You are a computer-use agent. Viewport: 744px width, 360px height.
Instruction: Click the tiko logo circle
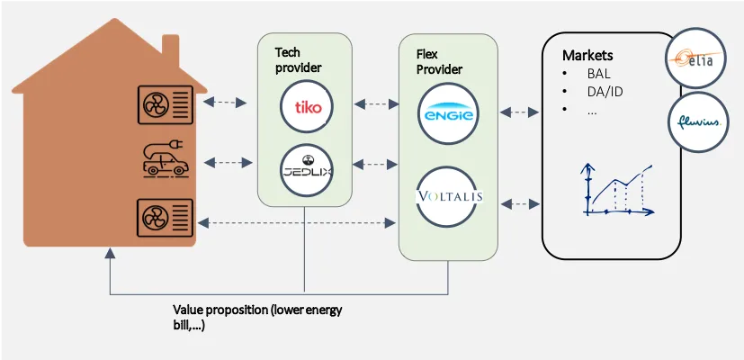(x=307, y=108)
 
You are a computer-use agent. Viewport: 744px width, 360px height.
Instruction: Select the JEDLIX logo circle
(x=307, y=170)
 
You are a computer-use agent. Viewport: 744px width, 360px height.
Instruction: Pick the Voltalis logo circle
(x=447, y=196)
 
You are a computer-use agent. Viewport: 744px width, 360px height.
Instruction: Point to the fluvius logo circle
(x=697, y=121)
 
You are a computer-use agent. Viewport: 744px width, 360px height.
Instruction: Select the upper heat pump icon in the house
(x=164, y=106)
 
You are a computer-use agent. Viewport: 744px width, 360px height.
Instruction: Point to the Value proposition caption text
(x=257, y=317)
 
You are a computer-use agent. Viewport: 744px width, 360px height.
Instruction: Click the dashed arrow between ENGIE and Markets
(x=520, y=112)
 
